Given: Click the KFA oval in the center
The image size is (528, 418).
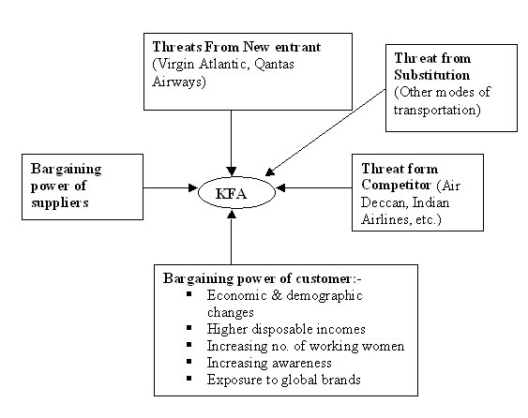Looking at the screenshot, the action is [x=236, y=192].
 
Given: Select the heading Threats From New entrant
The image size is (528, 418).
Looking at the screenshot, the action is [x=236, y=47].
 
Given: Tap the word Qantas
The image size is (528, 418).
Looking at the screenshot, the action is [x=274, y=64].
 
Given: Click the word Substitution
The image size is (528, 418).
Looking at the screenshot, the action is [x=431, y=75].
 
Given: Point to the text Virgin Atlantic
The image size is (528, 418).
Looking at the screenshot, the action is [x=202, y=65].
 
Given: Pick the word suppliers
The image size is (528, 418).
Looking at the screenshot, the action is [x=60, y=203].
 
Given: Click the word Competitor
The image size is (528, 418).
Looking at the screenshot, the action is [x=396, y=185].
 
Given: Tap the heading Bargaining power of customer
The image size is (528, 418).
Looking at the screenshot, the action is [x=262, y=278].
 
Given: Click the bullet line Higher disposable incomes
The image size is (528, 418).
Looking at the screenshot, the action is [x=286, y=329].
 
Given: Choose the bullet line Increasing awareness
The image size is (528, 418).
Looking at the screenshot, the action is [x=269, y=363].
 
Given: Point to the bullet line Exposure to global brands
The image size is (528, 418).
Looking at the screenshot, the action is [x=283, y=380].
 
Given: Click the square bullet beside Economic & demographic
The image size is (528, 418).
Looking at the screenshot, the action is [x=189, y=294].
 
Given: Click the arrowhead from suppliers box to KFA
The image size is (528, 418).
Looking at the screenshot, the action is [x=193, y=187].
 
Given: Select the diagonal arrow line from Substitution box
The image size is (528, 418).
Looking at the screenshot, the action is [x=325, y=132].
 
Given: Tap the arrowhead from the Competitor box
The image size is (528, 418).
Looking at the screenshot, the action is [x=280, y=187].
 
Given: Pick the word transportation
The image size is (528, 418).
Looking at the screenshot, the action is [x=437, y=110].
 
